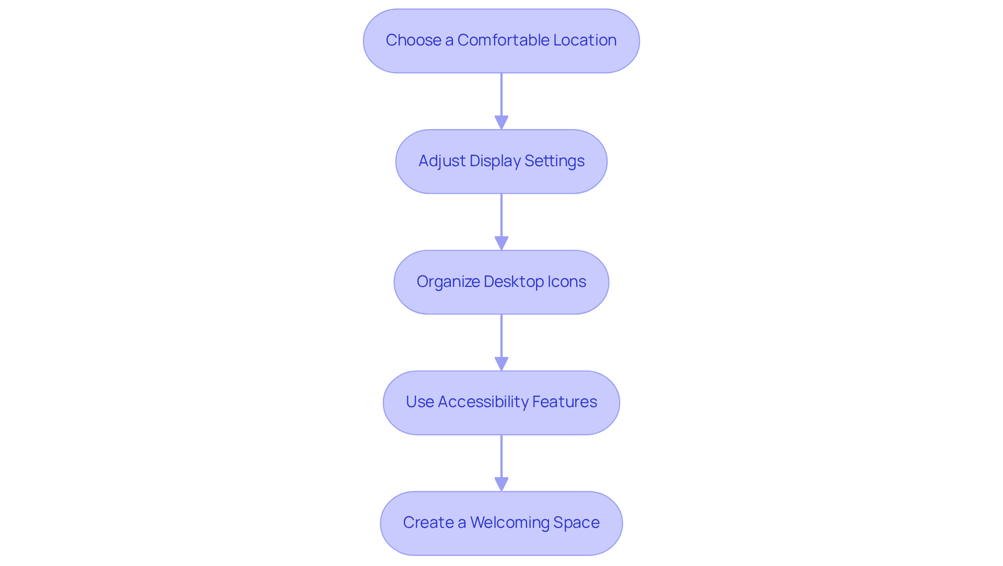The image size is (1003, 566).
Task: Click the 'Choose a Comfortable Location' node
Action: pos(501,41)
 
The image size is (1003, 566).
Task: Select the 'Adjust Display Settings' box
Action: pos(501,161)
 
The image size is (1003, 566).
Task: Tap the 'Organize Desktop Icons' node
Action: pos(501,282)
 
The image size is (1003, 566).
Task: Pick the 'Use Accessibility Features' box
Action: pos(501,403)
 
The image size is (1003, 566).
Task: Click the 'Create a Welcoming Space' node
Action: pos(501,523)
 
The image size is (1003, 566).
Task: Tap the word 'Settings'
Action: pos(554,161)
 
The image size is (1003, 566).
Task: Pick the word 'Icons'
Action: pos(566,282)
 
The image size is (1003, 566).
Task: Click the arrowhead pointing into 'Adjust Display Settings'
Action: pos(501,123)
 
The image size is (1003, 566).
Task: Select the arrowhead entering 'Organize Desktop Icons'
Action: pos(501,244)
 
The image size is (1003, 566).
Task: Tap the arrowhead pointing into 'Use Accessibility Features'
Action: pos(501,364)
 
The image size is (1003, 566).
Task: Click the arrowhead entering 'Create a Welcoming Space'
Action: pos(501,484)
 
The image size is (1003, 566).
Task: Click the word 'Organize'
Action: pos(448,282)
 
